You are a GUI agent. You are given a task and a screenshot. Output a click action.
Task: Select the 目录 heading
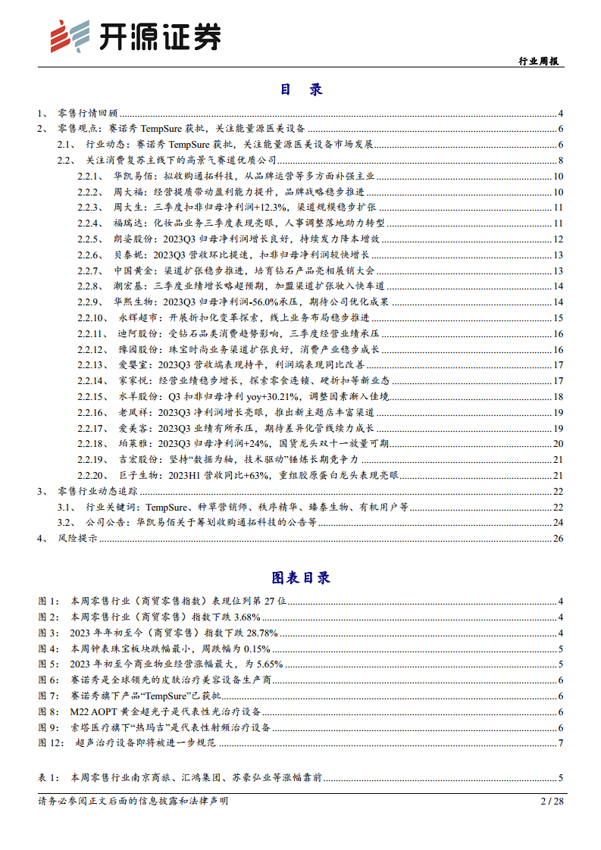301,89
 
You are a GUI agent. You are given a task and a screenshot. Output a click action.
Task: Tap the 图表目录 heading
301,577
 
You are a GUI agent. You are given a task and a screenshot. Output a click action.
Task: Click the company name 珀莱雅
133,444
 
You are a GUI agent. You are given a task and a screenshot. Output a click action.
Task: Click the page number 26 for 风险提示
559,539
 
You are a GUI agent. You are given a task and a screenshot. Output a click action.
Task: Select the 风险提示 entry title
77,539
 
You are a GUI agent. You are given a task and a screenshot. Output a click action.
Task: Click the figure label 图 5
49,664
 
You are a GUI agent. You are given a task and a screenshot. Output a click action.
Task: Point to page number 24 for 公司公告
559,523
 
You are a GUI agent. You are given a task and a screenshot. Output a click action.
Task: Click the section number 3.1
67,507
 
